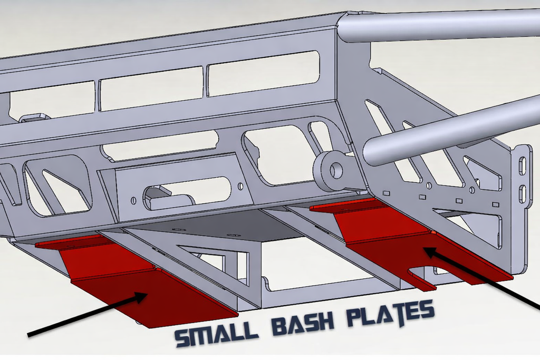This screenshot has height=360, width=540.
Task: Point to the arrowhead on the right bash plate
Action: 428,251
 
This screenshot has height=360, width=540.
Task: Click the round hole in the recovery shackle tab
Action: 336,170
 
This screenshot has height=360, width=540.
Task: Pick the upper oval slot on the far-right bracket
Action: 522,166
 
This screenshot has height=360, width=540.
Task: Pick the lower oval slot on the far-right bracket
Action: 522,193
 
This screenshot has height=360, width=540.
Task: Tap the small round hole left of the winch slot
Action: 134,200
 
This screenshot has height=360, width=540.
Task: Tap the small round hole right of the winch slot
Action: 240,186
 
